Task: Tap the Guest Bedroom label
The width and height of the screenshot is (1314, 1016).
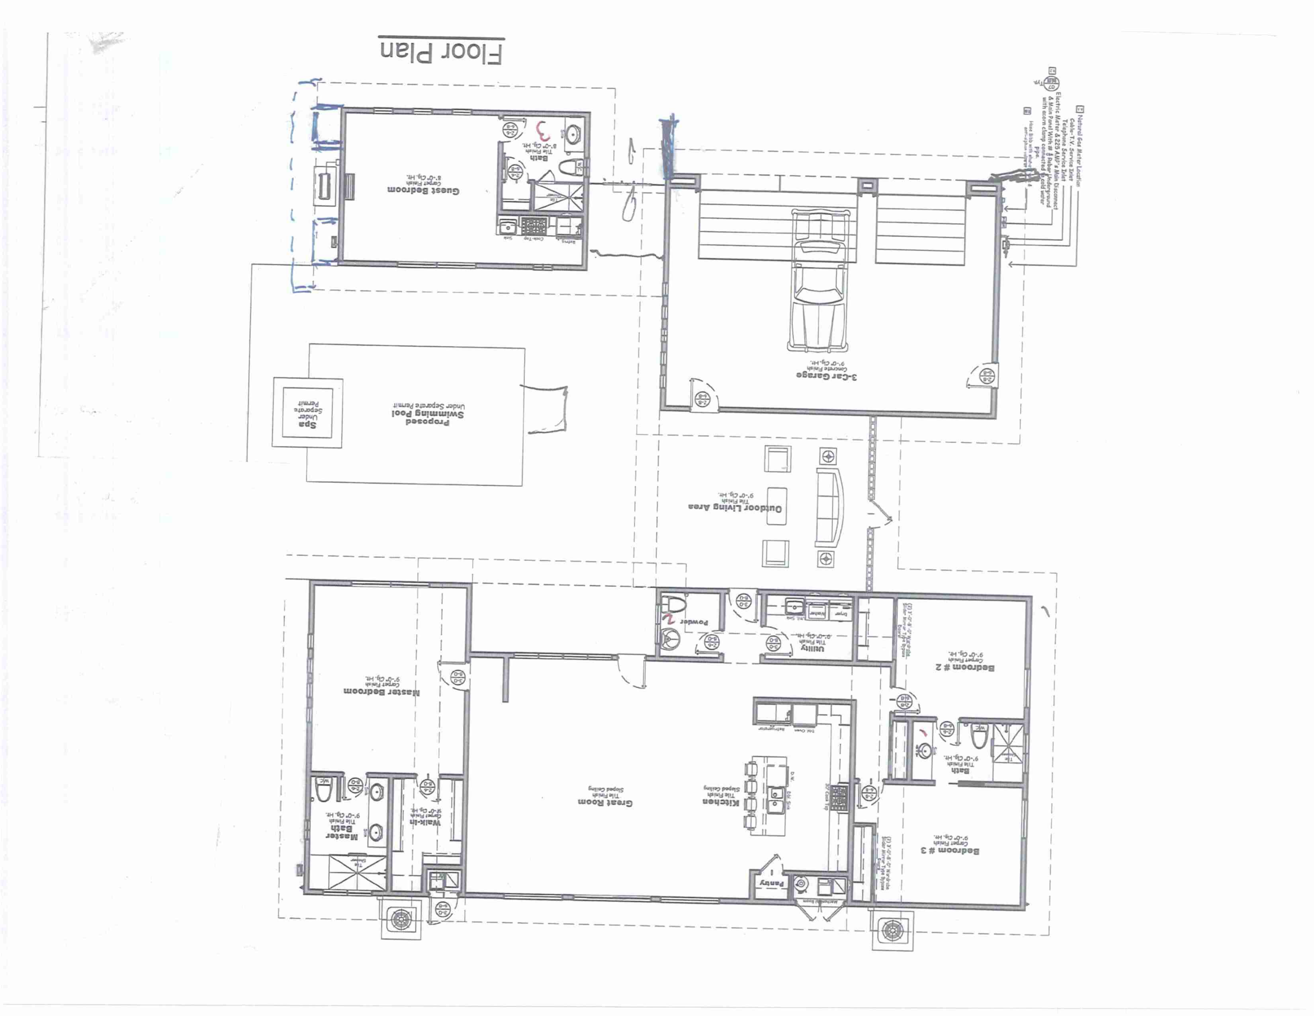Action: [423, 190]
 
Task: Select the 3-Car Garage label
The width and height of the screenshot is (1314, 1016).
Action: [827, 376]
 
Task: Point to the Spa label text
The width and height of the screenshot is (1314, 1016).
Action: [307, 424]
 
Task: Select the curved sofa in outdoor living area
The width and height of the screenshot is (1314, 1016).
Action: [830, 506]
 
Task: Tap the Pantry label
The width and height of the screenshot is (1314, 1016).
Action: [772, 883]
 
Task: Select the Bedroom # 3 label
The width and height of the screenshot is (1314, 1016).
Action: [950, 850]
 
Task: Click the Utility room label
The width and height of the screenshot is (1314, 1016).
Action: [813, 648]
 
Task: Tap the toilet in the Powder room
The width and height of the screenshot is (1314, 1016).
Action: [673, 604]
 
